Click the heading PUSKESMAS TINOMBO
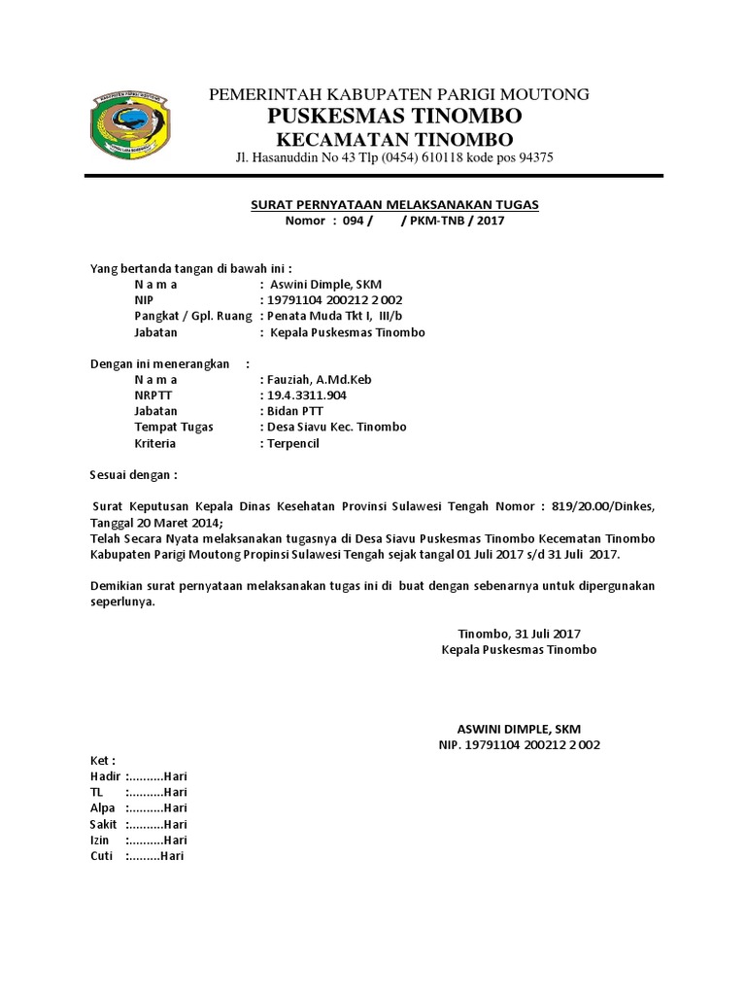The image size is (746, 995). click(x=394, y=116)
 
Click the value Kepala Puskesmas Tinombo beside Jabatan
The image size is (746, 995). click(x=347, y=332)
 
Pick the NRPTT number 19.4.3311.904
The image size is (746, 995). click(x=305, y=395)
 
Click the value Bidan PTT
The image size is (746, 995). click(x=291, y=411)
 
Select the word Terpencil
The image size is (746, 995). click(x=291, y=443)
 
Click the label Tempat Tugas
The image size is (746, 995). click(x=174, y=428)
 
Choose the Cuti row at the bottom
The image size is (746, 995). click(x=136, y=856)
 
